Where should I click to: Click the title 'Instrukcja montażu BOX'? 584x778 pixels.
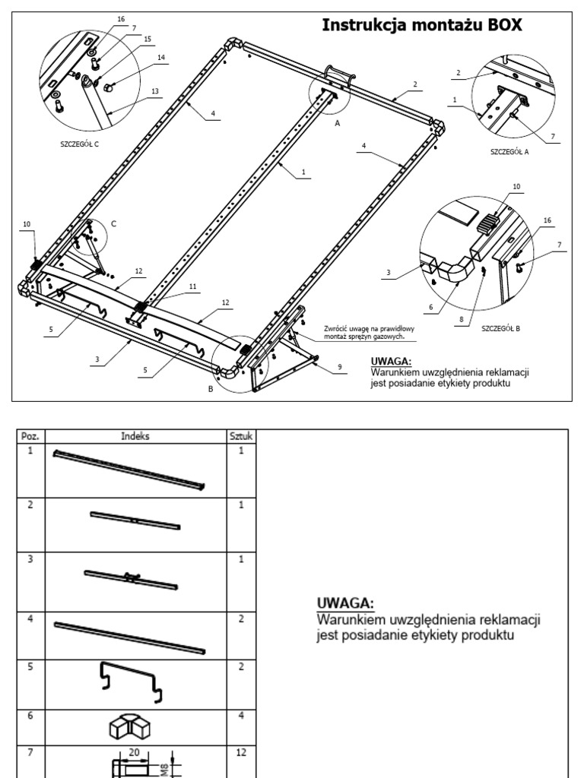[x=422, y=24]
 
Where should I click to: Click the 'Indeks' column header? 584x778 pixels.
[x=137, y=436]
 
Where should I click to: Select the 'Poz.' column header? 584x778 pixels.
[x=31, y=436]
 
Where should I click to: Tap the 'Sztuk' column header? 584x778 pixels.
[x=242, y=436]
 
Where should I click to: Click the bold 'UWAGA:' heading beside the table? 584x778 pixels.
[x=344, y=602]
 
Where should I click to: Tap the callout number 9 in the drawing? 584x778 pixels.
[x=338, y=367]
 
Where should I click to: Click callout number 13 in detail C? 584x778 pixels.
[x=154, y=91]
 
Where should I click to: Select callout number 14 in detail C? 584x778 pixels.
[x=160, y=58]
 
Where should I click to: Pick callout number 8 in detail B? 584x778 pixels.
[x=461, y=321]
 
